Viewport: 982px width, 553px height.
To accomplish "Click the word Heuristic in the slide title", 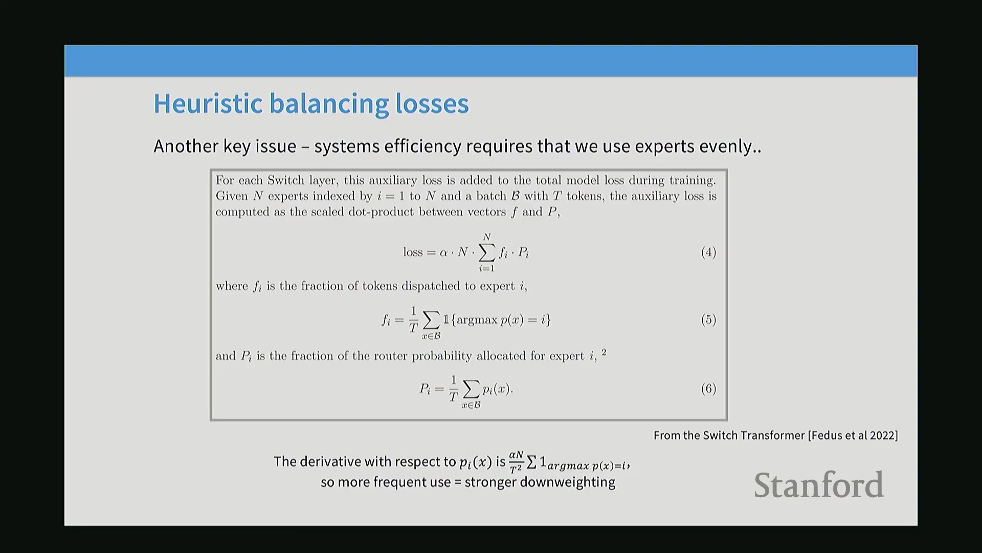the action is tap(208, 103).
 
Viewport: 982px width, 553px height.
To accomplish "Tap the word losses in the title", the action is tap(432, 103).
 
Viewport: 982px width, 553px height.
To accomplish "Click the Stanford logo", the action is tap(818, 485).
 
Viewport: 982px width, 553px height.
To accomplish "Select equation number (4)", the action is tap(708, 252).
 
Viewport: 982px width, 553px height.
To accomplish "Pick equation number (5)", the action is tap(708, 320).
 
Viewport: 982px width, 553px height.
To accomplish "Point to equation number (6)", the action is tap(708, 389).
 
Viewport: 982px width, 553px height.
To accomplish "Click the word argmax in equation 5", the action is tap(477, 321).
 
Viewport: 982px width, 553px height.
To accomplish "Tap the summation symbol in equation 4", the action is tap(487, 251).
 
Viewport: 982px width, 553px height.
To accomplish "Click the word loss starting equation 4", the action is tap(413, 252).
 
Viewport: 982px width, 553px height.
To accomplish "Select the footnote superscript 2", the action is tap(604, 352).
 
